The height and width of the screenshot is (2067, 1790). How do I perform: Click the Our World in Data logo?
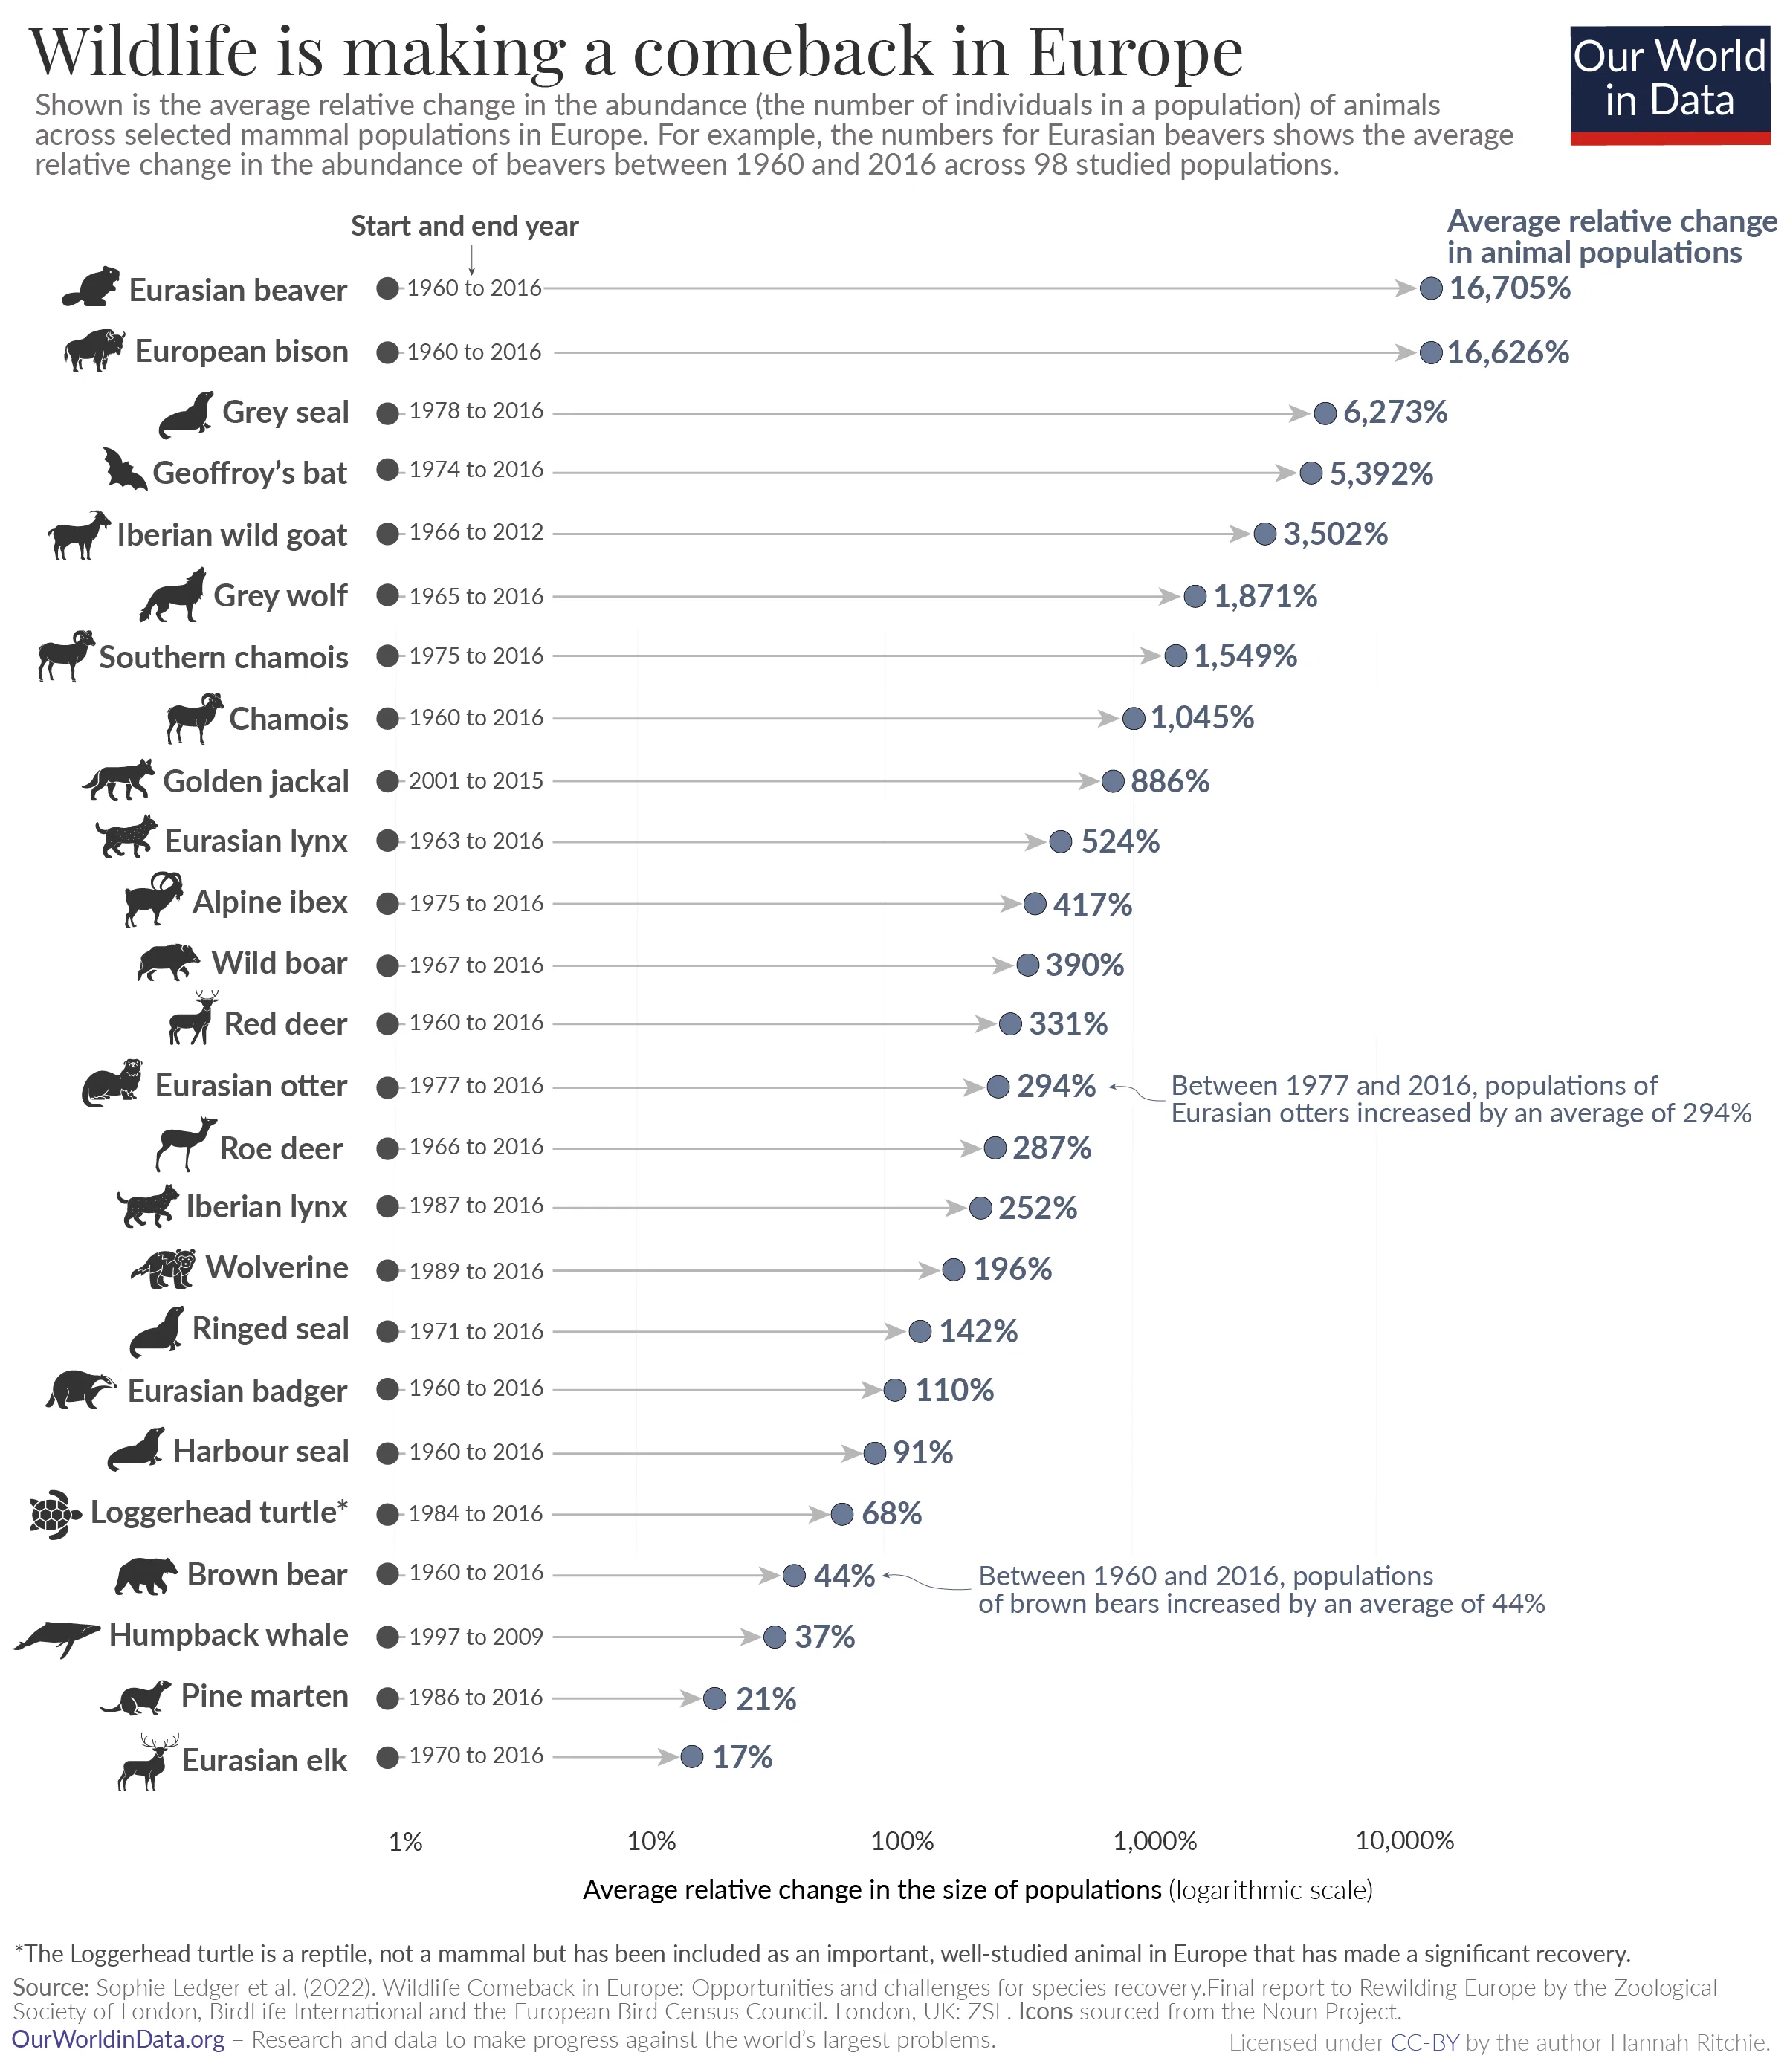[1669, 85]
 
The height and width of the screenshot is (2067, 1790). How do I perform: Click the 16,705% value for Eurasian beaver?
[1509, 288]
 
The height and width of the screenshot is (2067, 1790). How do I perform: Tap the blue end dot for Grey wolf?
[1195, 596]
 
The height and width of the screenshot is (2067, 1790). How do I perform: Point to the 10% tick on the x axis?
[651, 1840]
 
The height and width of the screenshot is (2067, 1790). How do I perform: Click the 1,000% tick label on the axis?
[1154, 1840]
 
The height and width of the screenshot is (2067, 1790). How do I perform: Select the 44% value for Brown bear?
[844, 1576]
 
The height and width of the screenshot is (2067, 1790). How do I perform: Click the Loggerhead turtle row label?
[219, 1513]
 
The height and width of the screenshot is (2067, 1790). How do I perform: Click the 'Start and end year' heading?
[465, 227]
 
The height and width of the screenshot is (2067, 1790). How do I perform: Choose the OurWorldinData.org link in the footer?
[118, 2039]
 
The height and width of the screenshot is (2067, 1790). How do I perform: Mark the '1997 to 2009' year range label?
[476, 1637]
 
